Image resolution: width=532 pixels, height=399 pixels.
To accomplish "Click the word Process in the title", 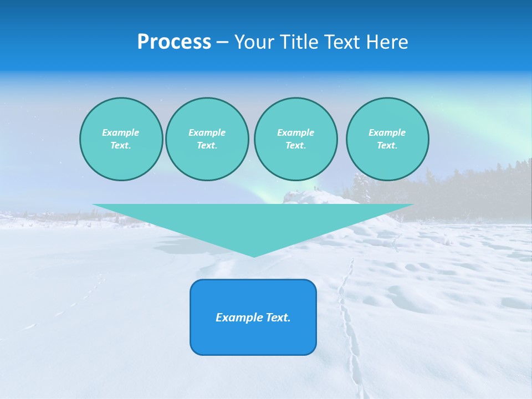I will (x=174, y=42).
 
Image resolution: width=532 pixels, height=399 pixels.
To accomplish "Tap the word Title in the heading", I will (x=301, y=42).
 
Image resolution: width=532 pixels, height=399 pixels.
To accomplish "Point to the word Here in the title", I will (x=388, y=42).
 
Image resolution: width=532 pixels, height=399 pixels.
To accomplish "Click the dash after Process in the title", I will (x=222, y=43).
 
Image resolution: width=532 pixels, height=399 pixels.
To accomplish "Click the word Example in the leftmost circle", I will (x=121, y=132).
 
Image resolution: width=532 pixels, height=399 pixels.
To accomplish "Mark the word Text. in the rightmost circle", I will (x=387, y=145).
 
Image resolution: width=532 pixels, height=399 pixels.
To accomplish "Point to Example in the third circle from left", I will (x=295, y=132).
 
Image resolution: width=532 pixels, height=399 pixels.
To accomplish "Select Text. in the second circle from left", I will (x=207, y=145).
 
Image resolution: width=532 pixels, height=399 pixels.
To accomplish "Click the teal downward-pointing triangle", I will (x=253, y=222).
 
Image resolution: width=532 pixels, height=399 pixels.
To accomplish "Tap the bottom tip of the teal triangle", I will (x=253, y=255).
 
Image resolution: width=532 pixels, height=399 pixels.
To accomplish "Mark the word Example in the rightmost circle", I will (x=387, y=132).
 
